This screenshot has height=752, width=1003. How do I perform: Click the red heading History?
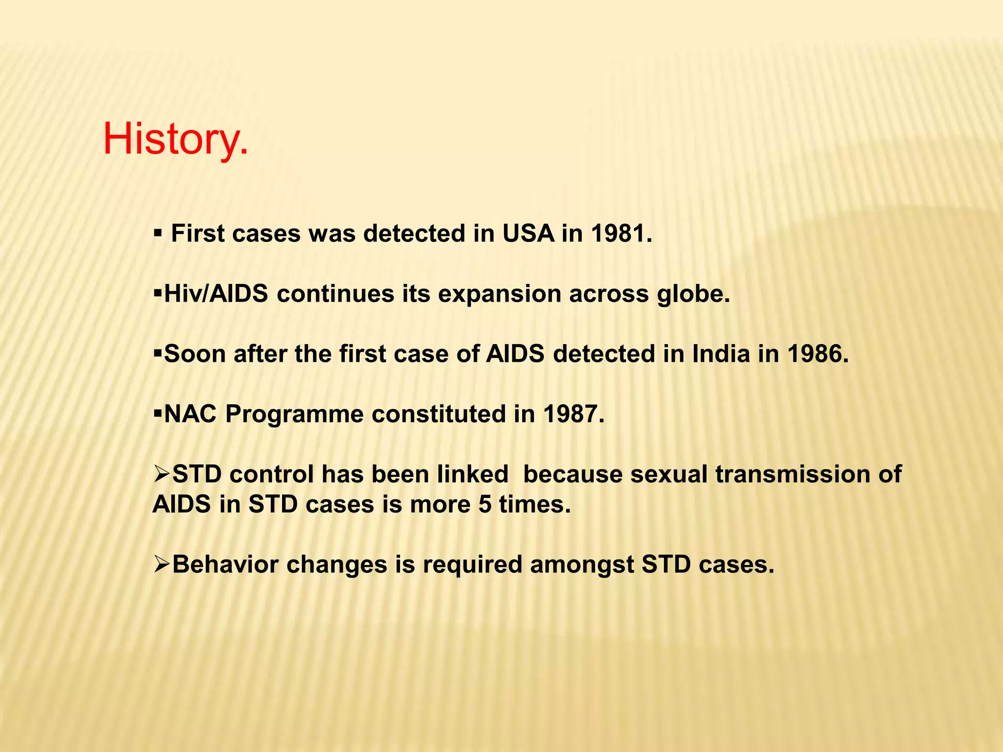point(175,140)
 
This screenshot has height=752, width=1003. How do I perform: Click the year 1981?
point(621,234)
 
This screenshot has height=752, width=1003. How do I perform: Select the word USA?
point(528,234)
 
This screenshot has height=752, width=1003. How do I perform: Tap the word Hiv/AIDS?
point(216,294)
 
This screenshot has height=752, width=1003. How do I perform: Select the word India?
point(720,354)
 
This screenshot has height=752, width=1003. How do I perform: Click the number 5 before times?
point(485,505)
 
